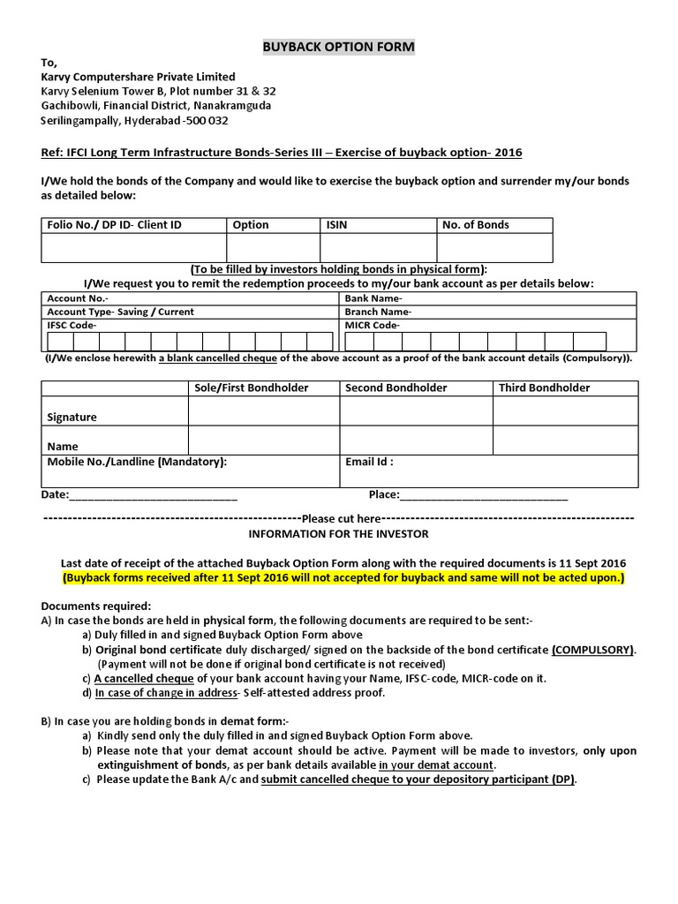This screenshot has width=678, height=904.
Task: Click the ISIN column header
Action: [x=337, y=225]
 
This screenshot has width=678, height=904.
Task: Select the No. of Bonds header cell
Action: [x=475, y=225]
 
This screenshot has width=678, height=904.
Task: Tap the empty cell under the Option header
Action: [x=274, y=247]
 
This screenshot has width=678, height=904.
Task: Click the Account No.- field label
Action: [x=78, y=299]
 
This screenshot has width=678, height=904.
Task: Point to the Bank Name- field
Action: [x=373, y=299]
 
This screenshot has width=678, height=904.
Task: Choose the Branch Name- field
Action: [x=378, y=312]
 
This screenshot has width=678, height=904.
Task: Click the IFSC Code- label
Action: [x=72, y=325]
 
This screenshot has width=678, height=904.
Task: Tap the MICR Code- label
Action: [x=373, y=325]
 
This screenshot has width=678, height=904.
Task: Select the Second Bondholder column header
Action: [x=395, y=388]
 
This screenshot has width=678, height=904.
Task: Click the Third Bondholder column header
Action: [x=544, y=388]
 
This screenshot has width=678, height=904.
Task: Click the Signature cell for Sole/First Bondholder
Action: [x=263, y=411]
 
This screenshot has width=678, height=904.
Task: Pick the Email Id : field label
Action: [x=369, y=461]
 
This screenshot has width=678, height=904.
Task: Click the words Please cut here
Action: [x=341, y=518]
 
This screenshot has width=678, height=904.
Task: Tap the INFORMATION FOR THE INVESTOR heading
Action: [x=338, y=534]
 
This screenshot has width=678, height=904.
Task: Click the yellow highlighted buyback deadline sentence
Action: [x=343, y=578]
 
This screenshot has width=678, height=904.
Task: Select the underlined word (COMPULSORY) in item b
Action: [x=593, y=650]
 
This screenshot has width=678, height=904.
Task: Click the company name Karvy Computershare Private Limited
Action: [x=138, y=77]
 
